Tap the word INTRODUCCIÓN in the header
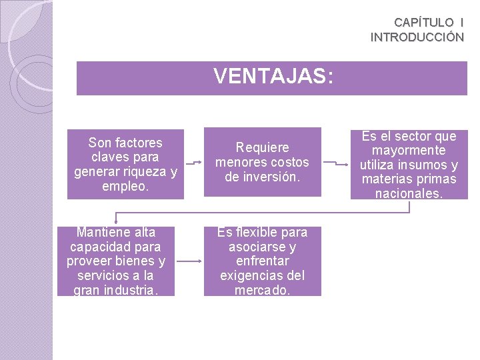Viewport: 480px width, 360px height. pos(417,37)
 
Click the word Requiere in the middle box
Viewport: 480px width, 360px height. pos(262,147)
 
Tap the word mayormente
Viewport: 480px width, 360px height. pos(409,151)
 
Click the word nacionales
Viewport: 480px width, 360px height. pos(409,194)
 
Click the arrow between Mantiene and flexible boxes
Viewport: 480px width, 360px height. pos(189,262)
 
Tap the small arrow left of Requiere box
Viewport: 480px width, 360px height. pos(193,162)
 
